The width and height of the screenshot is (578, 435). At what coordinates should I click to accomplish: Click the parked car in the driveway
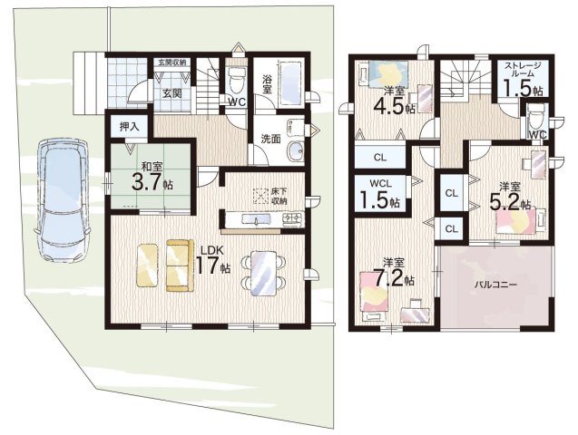tap(62, 200)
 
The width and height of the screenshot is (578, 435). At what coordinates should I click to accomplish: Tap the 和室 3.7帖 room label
tap(152, 178)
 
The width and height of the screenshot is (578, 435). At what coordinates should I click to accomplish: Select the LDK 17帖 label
tap(212, 261)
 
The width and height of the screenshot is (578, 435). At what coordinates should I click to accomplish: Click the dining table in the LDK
tap(263, 274)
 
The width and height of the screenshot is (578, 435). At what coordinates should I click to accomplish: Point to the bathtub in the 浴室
tap(292, 83)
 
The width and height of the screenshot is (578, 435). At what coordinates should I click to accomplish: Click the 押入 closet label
tap(129, 127)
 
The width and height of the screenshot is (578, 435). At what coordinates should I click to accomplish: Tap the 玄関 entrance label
tap(172, 93)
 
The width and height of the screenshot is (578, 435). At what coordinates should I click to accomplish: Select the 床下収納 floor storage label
tap(279, 196)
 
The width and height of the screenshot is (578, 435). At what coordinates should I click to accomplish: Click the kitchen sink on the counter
tap(256, 219)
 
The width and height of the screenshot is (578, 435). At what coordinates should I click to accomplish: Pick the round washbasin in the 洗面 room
tap(296, 150)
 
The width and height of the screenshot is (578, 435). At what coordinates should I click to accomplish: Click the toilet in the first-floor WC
tap(235, 81)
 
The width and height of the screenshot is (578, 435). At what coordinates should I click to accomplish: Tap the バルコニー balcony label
tap(495, 285)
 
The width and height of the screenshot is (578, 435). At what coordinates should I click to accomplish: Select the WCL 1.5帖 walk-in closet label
tap(381, 193)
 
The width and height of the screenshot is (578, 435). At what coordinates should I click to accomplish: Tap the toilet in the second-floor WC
tap(534, 116)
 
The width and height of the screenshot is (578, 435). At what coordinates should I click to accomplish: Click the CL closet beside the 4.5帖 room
tap(380, 157)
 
